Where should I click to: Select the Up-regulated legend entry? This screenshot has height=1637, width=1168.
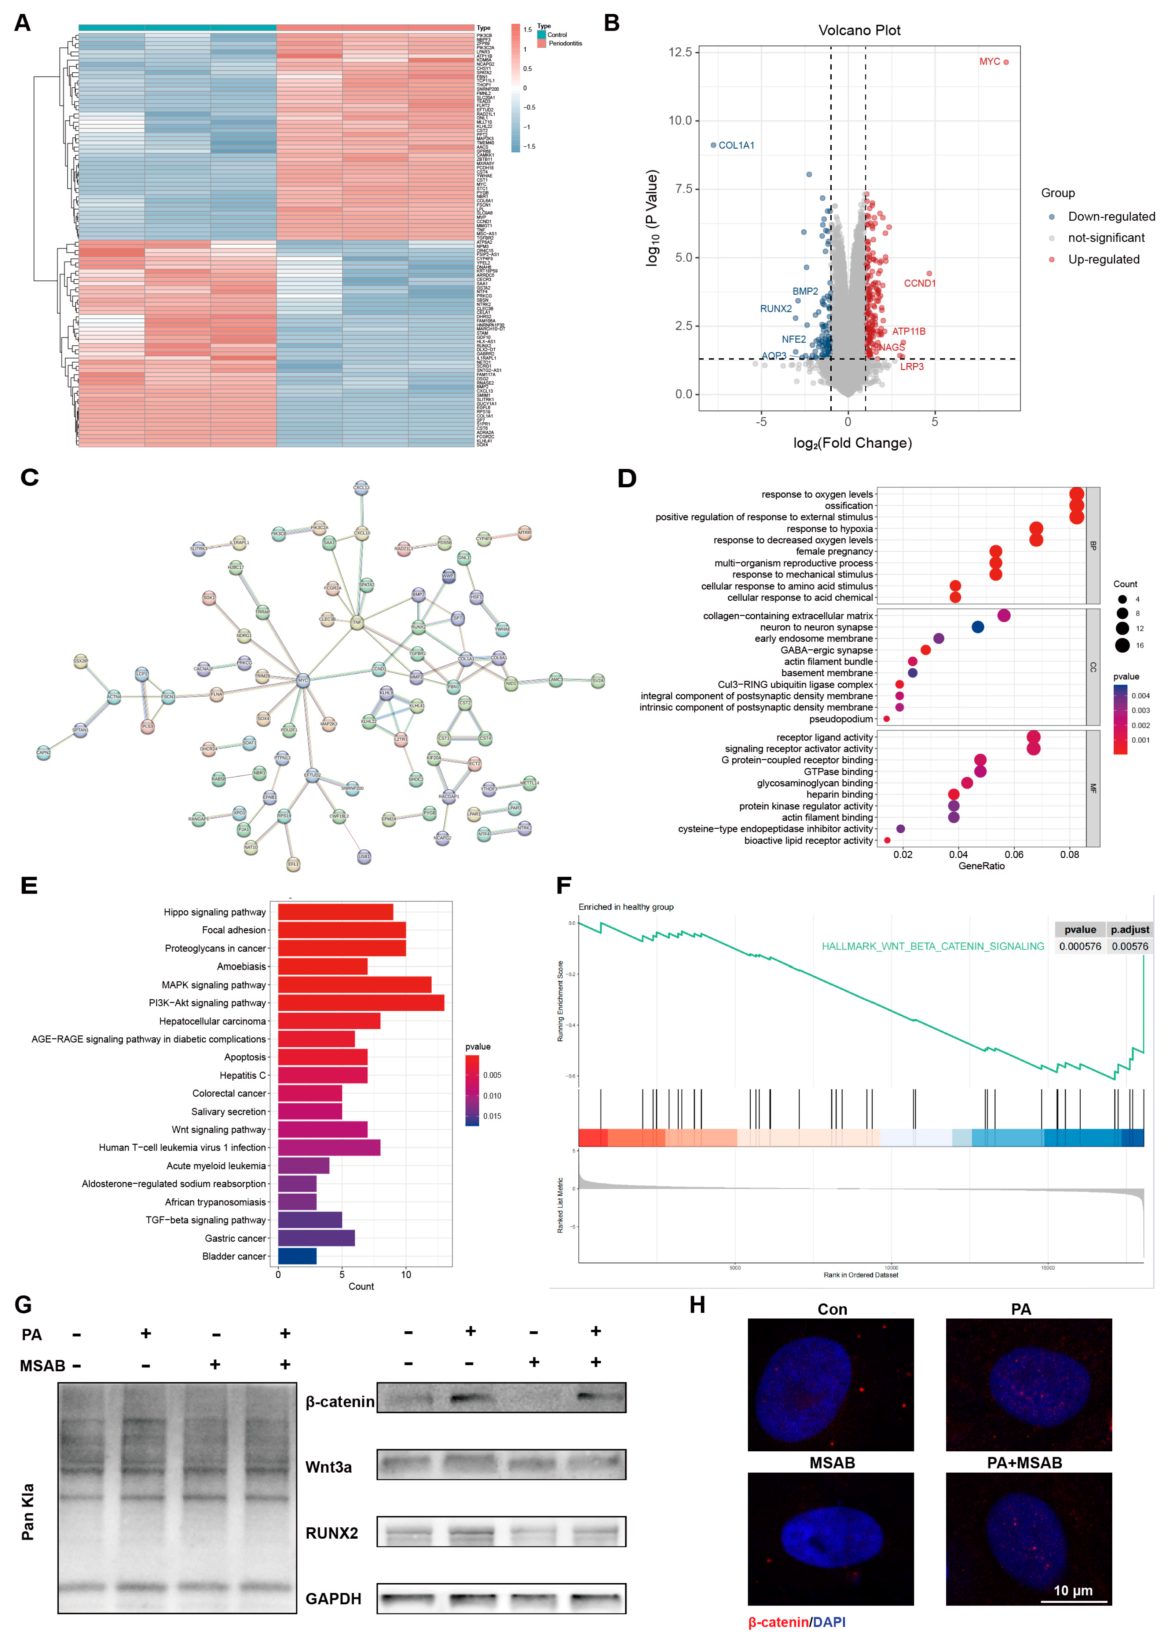click(1103, 260)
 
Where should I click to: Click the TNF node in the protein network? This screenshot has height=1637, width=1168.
click(357, 622)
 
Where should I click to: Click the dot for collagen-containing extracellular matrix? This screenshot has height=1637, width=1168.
click(1004, 615)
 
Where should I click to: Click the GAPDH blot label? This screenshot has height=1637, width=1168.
click(333, 1599)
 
